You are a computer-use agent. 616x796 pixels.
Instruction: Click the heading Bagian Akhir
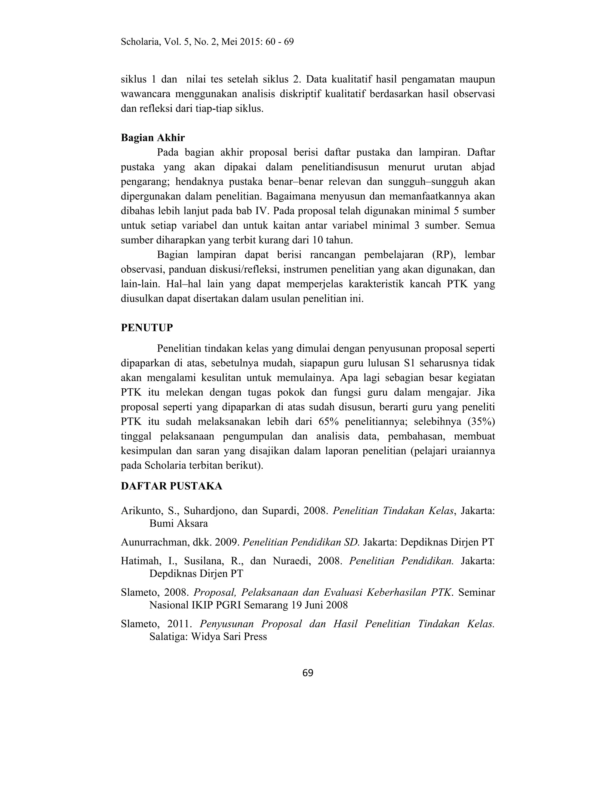tap(152, 138)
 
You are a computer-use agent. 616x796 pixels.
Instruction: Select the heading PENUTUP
tap(147, 328)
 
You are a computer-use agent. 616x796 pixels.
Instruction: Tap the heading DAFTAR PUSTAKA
tap(171, 486)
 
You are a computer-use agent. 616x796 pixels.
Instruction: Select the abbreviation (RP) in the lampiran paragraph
tap(443, 255)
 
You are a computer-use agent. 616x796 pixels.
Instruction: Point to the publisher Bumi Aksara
tap(178, 524)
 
